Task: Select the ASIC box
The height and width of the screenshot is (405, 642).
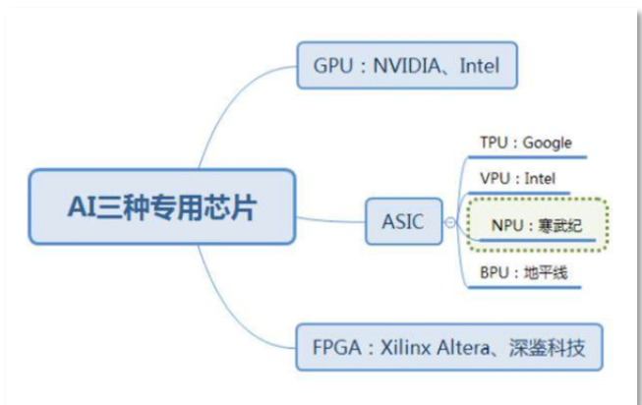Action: (x=402, y=222)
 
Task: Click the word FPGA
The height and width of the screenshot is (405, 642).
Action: (x=334, y=346)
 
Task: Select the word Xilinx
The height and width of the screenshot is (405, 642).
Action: (x=402, y=346)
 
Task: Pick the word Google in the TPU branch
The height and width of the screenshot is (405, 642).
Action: (x=547, y=143)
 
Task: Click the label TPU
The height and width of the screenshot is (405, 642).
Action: (x=494, y=143)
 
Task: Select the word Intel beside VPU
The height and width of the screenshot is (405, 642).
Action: (x=539, y=179)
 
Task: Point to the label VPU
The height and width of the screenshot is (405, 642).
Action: (x=495, y=179)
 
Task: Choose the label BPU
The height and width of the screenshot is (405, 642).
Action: (x=495, y=272)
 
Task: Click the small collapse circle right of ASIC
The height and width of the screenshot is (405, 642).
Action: (x=449, y=222)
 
